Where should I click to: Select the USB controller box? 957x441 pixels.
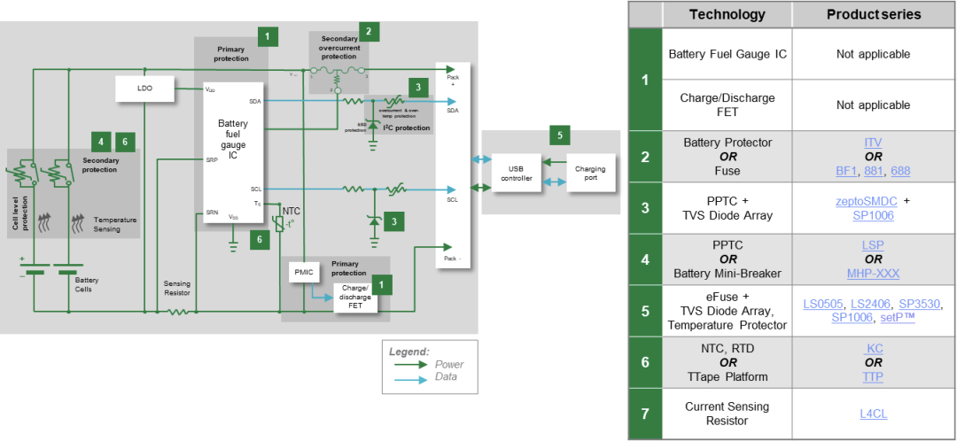(x=516, y=174)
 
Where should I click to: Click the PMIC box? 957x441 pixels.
(x=300, y=274)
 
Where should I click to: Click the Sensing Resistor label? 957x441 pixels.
(x=176, y=287)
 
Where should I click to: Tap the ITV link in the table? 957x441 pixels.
(x=873, y=142)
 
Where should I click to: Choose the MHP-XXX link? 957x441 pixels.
(x=873, y=275)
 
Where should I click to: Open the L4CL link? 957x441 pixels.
(x=873, y=414)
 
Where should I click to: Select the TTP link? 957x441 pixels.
(x=873, y=377)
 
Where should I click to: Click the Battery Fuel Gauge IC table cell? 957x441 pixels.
(x=727, y=54)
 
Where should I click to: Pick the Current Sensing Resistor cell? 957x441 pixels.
(x=727, y=414)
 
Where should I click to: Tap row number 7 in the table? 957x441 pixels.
(x=645, y=414)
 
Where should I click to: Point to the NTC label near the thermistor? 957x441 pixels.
(x=292, y=211)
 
